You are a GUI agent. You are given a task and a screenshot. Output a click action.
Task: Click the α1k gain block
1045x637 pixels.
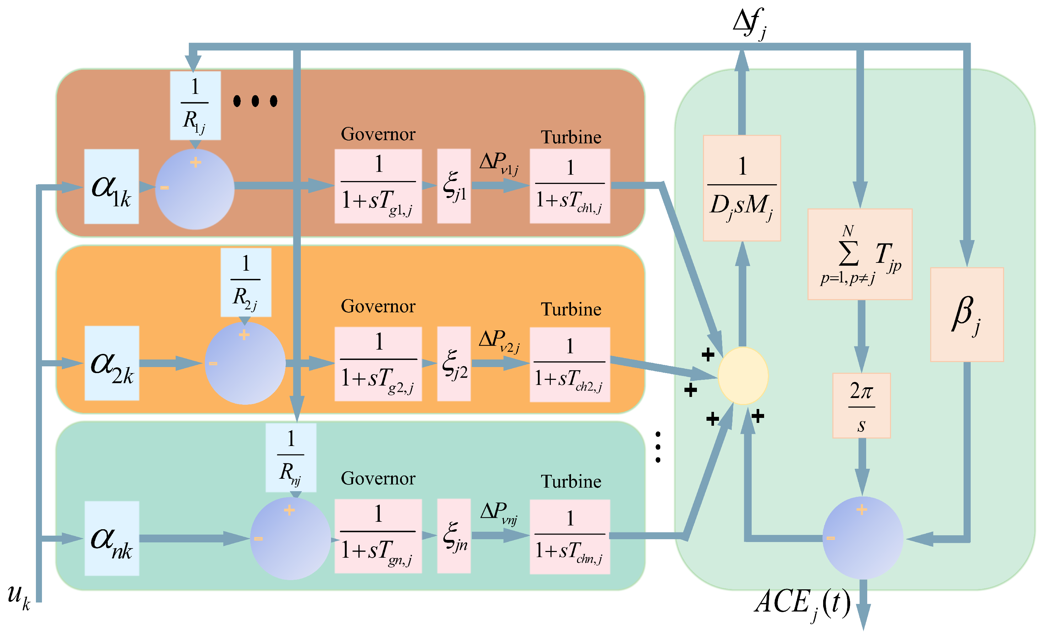[111, 187]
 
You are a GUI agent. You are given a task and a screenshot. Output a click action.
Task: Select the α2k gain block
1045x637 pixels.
[112, 363]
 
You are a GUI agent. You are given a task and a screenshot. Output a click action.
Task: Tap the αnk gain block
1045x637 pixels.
[112, 538]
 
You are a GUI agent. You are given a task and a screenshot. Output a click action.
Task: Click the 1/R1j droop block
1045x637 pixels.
[195, 105]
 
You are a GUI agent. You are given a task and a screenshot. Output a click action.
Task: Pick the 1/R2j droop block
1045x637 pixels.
[246, 282]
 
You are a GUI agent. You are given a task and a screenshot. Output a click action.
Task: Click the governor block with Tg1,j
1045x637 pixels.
[378, 186]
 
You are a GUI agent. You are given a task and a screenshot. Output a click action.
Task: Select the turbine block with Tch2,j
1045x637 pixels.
[570, 364]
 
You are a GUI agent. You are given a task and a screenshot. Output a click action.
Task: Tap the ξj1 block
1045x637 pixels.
[454, 186]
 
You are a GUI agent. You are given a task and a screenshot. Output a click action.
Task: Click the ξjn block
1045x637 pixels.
[454, 536]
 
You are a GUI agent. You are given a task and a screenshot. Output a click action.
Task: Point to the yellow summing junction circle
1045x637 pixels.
[743, 376]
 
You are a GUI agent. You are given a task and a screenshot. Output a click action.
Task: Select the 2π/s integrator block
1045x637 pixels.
[862, 406]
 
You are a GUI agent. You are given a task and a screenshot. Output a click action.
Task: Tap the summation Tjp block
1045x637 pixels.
[860, 254]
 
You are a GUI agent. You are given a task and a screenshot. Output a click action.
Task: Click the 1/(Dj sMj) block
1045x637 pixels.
[742, 188]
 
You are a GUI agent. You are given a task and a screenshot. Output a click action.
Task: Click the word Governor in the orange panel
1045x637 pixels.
[378, 306]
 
